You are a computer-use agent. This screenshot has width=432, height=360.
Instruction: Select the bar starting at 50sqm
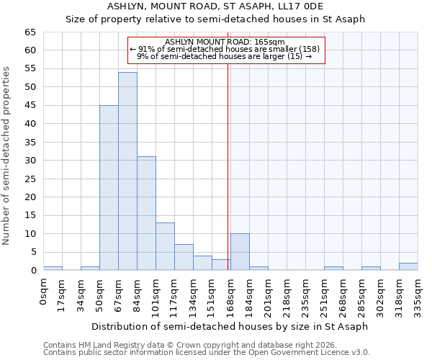[x=109, y=188]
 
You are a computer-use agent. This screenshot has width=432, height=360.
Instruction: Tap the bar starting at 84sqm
[x=146, y=213]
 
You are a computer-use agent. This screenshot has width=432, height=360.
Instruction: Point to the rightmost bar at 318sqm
[x=408, y=266]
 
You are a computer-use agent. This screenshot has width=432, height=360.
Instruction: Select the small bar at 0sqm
[x=53, y=268]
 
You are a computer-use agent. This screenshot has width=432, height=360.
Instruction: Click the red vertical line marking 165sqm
[x=228, y=166]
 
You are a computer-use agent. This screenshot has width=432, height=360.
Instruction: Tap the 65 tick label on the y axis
[x=30, y=32]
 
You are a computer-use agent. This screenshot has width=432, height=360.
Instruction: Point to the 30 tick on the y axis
[x=30, y=161]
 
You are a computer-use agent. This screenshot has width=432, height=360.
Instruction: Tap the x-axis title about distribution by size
[x=230, y=326]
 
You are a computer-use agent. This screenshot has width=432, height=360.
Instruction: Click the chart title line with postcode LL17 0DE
[x=215, y=6]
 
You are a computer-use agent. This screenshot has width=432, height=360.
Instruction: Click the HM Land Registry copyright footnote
[x=192, y=345]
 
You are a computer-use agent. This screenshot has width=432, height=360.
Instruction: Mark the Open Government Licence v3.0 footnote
[x=206, y=352]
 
